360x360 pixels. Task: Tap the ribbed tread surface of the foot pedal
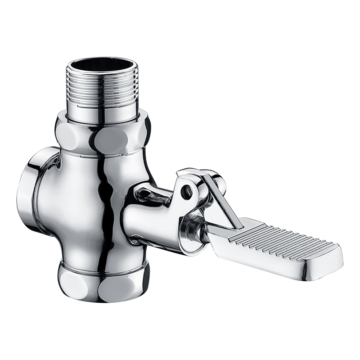(x=279, y=238)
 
